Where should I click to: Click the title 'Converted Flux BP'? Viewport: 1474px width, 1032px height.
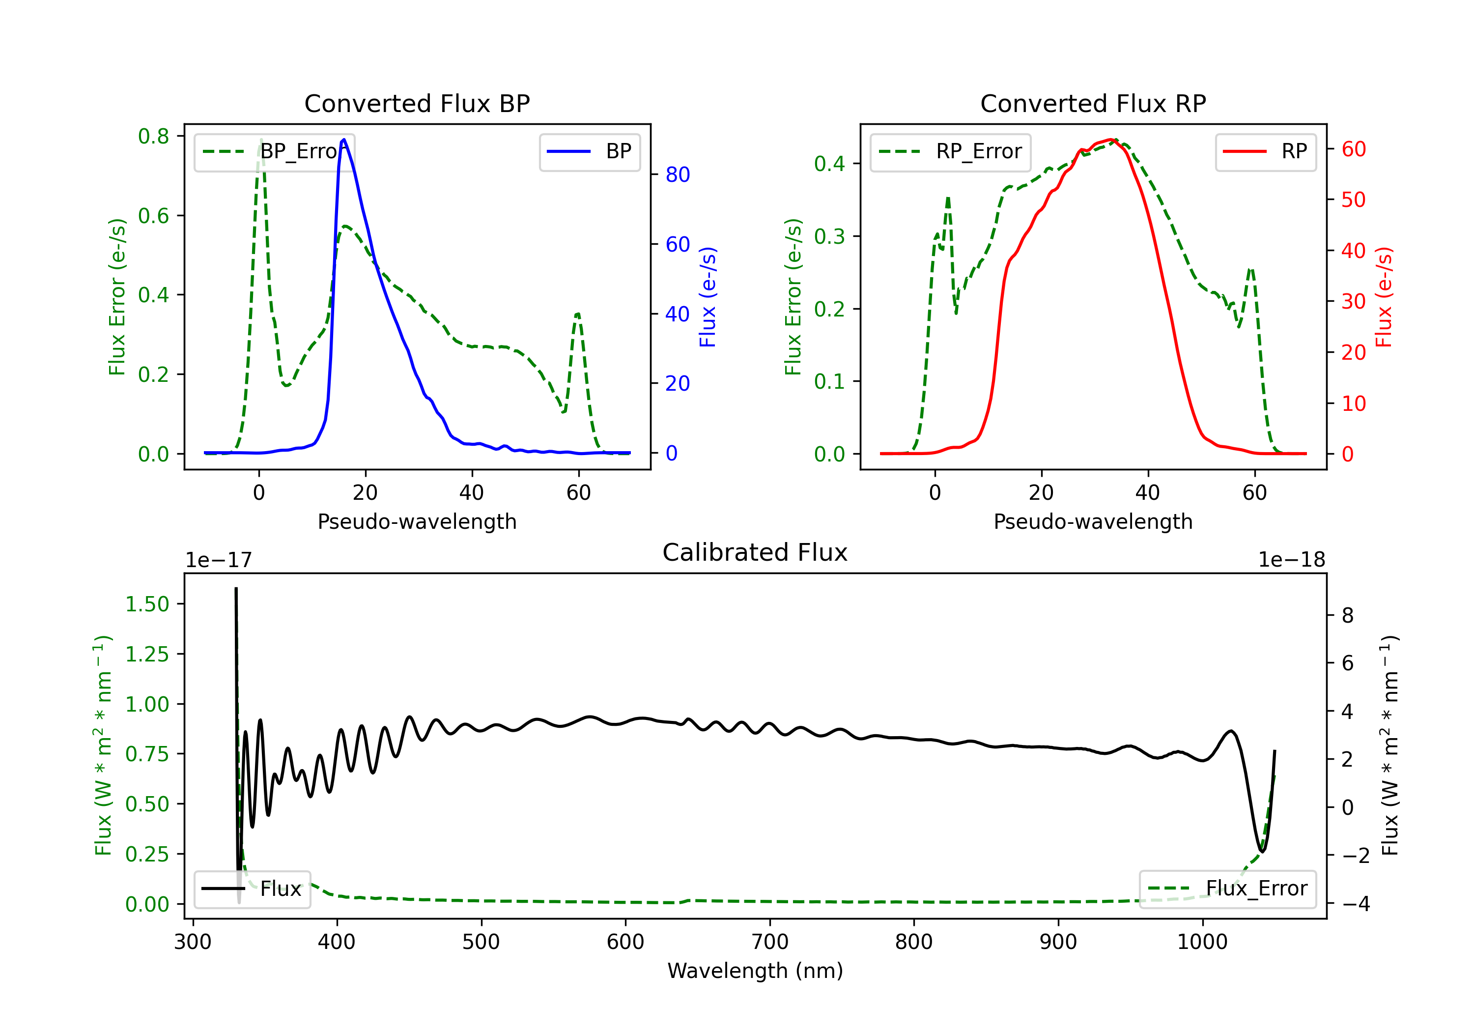417,103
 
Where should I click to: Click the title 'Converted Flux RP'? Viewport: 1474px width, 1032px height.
1093,103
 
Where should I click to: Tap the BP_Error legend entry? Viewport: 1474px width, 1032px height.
275,151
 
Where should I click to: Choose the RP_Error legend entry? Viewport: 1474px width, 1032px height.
950,151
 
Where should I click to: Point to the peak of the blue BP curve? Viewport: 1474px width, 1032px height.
344,140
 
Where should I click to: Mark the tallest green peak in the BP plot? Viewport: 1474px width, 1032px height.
260,140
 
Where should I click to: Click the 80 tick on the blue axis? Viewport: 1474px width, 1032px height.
677,174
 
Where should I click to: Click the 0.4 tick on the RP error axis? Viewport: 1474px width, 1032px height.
829,164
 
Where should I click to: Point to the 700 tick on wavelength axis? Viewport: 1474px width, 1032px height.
770,942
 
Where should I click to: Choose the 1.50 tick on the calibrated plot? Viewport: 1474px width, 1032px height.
147,604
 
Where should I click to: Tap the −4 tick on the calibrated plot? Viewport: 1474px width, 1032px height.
1356,904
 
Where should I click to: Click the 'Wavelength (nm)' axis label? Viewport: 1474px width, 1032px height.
755,971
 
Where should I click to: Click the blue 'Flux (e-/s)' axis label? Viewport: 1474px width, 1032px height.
708,297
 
